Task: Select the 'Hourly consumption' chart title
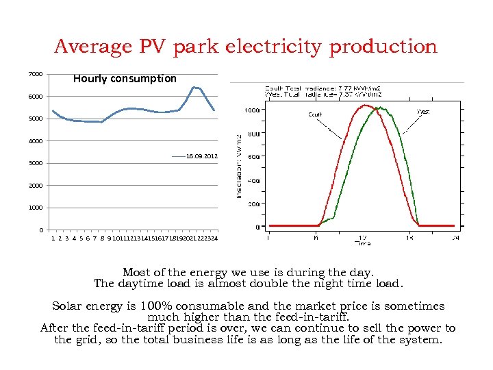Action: (125, 78)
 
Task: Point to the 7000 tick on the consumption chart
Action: (36, 74)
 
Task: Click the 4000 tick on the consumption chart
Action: (36, 141)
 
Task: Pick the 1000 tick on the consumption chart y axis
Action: (36, 208)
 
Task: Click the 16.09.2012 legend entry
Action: (202, 156)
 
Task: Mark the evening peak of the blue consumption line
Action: (196, 88)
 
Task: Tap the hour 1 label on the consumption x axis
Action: (53, 238)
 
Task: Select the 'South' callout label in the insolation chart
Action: (315, 114)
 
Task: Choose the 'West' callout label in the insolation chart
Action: (423, 111)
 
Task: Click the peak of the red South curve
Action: (367, 106)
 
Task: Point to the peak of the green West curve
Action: (379, 108)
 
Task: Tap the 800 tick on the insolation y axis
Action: (253, 134)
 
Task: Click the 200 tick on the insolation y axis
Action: (253, 204)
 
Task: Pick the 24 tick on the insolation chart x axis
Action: (455, 237)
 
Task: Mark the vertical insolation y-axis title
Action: (239, 166)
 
